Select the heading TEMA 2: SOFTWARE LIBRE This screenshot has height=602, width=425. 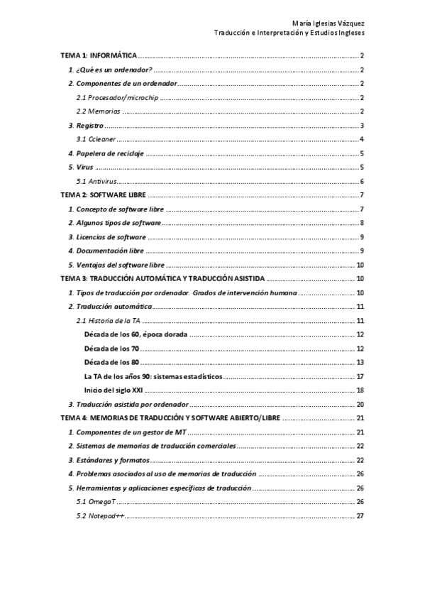(104, 195)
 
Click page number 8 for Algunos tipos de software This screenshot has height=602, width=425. (362, 223)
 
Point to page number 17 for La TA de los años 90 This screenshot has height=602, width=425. (360, 376)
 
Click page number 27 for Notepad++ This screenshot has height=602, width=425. (360, 515)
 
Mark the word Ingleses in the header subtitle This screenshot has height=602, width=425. (348, 33)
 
